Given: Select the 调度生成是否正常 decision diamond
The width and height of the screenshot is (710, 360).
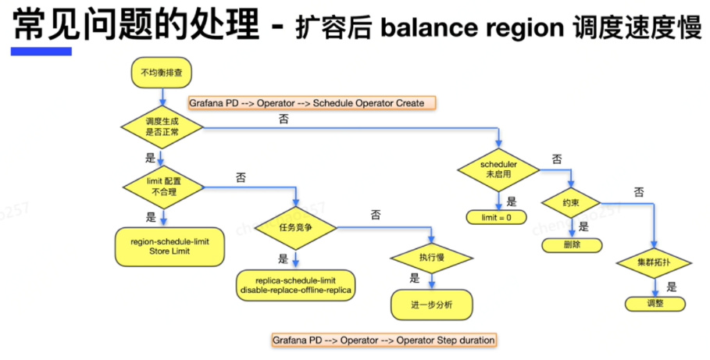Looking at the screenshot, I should coord(162,127).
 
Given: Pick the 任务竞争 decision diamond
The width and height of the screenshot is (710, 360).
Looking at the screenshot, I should coord(297,227).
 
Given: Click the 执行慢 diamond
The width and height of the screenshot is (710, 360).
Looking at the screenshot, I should coord(431,256).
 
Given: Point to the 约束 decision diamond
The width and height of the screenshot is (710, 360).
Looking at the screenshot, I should coord(571,201).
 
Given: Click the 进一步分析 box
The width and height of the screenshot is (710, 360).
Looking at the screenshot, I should coord(431,304).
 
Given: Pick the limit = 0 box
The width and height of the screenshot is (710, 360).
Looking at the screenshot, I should coord(498,217).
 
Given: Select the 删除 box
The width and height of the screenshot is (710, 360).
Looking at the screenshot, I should coord(572,244).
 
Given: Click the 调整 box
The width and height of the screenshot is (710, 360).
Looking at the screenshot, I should coord(655,304).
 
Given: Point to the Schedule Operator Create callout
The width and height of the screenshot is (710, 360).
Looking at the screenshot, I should coord(311,103).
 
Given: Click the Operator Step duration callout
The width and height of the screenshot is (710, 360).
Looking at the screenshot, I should coord(383,340).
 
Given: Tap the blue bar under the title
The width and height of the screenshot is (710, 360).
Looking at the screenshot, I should coord(41,52).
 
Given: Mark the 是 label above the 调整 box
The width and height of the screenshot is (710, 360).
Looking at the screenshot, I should coord(671,287).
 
